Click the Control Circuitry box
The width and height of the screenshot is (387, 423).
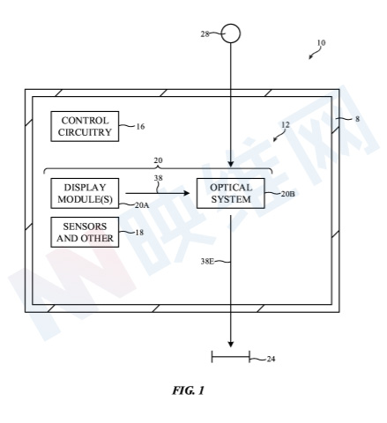click(85, 126)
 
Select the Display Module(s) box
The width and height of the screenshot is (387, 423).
click(85, 193)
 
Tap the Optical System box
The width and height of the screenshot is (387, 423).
click(231, 193)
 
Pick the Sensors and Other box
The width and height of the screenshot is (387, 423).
click(85, 232)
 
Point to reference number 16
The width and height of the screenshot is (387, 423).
click(140, 127)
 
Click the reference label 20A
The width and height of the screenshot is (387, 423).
click(142, 205)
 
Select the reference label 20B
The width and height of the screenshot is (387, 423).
click(288, 194)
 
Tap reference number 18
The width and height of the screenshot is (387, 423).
click(139, 233)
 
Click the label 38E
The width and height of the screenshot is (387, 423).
click(207, 261)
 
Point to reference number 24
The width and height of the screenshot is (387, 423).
click(271, 359)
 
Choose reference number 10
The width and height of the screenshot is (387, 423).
click(321, 43)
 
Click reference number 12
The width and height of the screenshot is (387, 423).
click(286, 125)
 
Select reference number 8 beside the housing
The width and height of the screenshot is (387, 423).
click(357, 119)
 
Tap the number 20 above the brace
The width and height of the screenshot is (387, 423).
click(158, 160)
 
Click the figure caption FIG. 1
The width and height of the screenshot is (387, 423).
click(188, 390)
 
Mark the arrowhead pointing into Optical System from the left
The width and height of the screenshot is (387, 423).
click(187, 193)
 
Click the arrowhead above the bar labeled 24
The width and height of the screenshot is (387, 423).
click(231, 345)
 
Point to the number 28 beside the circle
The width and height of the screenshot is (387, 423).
click(205, 34)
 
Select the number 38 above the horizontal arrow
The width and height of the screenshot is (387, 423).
click(158, 178)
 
